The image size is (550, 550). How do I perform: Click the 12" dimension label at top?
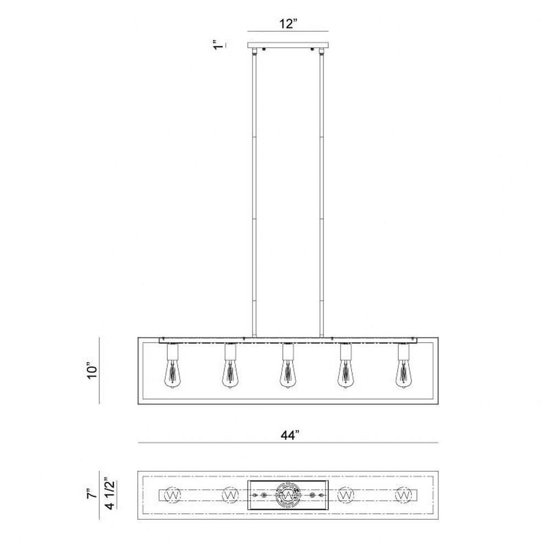coord(288,24)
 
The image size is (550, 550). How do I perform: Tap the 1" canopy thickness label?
coord(218,46)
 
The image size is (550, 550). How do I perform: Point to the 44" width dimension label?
coord(290,435)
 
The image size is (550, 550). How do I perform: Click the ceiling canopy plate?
coord(288,45)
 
